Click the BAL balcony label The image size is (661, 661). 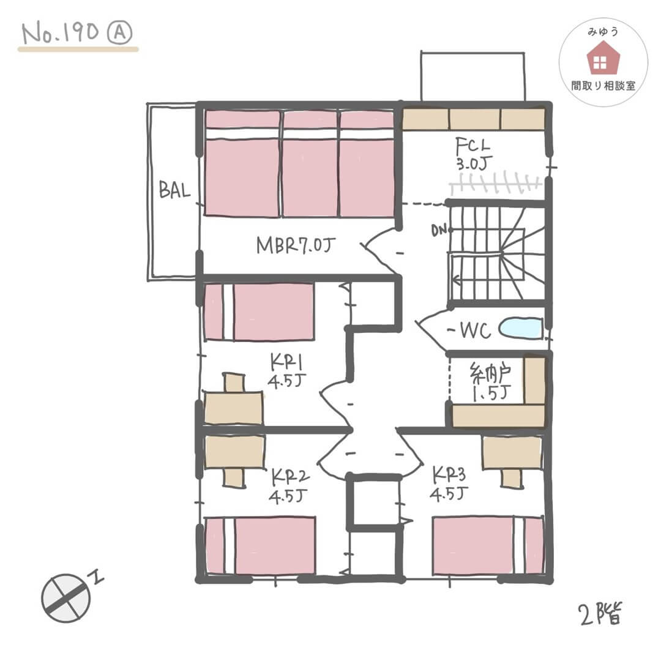tap(174, 190)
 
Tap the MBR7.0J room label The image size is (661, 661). tap(296, 245)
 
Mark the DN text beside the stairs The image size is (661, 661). tap(439, 230)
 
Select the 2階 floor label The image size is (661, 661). tap(600, 613)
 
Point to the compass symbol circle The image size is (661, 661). tap(65, 598)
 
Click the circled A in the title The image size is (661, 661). tap(120, 33)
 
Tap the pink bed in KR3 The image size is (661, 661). tap(488, 545)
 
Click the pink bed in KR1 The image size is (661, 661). tap(259, 312)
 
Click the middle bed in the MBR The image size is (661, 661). tap(310, 164)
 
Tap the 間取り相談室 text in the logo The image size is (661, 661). tap(603, 86)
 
